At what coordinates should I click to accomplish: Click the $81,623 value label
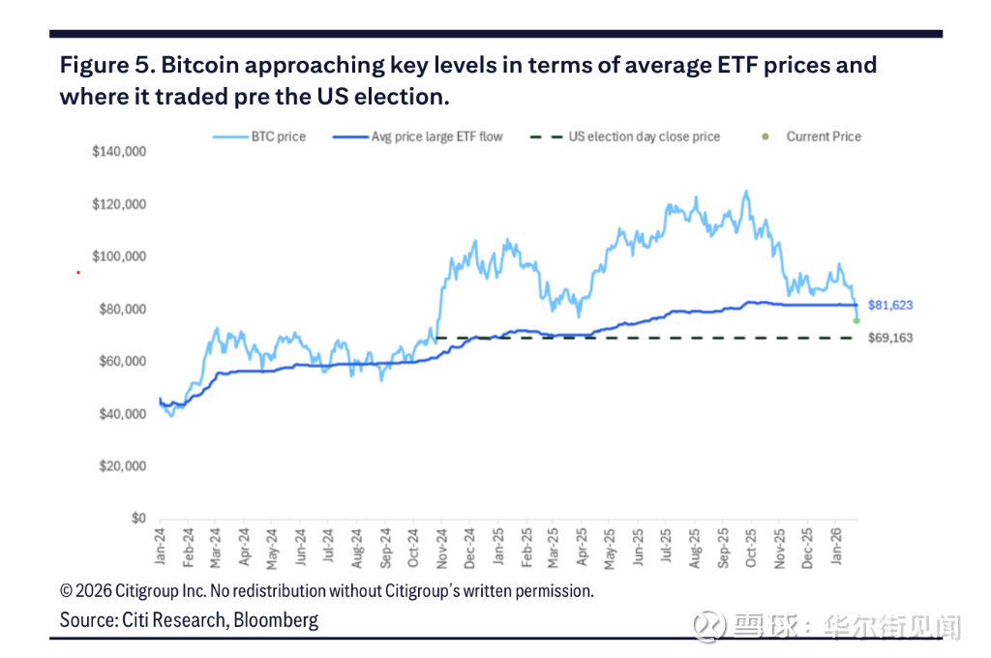pos(890,305)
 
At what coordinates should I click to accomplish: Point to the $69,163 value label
pos(890,338)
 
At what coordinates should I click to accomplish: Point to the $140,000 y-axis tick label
pos(119,152)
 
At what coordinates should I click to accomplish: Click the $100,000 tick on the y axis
pos(119,256)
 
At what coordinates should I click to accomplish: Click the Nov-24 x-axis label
pos(440,548)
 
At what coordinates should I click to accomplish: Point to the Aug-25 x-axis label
pos(693,548)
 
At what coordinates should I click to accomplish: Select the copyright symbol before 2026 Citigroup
pos(67,590)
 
